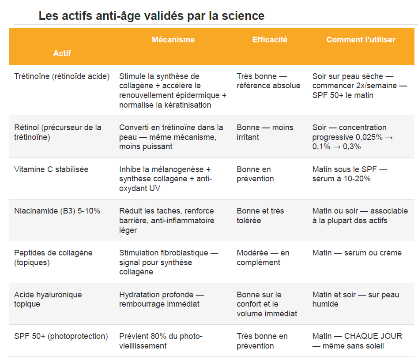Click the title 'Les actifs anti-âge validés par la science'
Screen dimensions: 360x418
(151, 16)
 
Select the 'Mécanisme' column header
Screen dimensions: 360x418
(173, 40)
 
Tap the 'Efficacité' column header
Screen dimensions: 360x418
(270, 40)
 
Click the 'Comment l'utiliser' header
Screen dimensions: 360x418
(361, 40)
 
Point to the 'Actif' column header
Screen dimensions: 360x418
(62, 53)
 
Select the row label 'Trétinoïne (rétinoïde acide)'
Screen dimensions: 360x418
(62, 76)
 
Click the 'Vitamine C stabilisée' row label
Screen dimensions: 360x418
(51, 169)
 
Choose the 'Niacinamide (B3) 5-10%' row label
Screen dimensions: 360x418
(57, 211)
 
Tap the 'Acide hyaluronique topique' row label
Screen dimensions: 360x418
(48, 299)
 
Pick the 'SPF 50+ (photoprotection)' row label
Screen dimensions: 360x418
(61, 336)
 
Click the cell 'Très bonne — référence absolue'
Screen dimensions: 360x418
(268, 81)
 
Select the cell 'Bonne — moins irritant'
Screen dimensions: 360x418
(265, 132)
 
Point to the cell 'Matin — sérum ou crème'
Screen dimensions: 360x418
(357, 253)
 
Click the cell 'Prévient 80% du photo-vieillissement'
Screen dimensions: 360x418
(161, 341)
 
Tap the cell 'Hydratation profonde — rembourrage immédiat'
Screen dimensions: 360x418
(162, 299)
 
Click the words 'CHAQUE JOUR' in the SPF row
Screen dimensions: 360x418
(373, 336)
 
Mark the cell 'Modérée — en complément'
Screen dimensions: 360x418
(263, 258)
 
